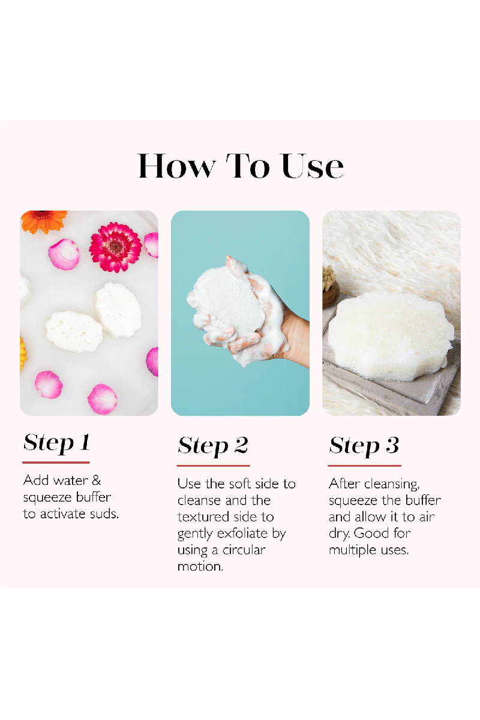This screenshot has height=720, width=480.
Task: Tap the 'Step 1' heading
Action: point(56,443)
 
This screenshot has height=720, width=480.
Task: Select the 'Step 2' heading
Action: point(213,446)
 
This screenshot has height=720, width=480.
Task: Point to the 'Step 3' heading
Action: point(364,446)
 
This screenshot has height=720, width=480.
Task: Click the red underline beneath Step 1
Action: point(56,463)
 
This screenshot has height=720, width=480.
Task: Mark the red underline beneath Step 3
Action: point(365,466)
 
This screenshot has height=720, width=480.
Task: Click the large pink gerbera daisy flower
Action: point(115,247)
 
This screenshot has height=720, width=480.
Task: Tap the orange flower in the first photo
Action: point(44,221)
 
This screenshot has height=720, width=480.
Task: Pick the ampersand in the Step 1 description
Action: point(97,481)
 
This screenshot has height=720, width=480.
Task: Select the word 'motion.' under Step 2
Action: point(200,566)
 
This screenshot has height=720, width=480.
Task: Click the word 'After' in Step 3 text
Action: point(344,484)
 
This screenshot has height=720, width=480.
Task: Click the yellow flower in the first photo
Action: point(23,353)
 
